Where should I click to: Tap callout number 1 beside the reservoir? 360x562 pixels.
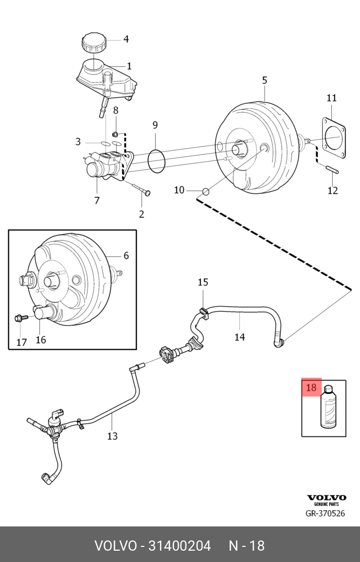(129, 66)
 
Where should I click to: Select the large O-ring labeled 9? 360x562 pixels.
(156, 162)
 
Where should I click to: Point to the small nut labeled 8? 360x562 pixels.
(115, 134)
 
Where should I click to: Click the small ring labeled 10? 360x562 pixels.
(205, 191)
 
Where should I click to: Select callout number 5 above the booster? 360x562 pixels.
(265, 80)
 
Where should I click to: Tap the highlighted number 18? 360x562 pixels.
(311, 387)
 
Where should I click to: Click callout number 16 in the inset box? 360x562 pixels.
(41, 339)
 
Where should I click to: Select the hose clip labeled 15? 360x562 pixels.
(203, 311)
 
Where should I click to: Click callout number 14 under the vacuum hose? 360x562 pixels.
(240, 337)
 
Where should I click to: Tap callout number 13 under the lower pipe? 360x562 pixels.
(112, 436)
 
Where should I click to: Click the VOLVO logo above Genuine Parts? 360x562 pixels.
(327, 497)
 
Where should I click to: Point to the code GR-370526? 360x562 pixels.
(325, 514)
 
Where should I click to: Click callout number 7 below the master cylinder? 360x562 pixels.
(97, 200)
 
